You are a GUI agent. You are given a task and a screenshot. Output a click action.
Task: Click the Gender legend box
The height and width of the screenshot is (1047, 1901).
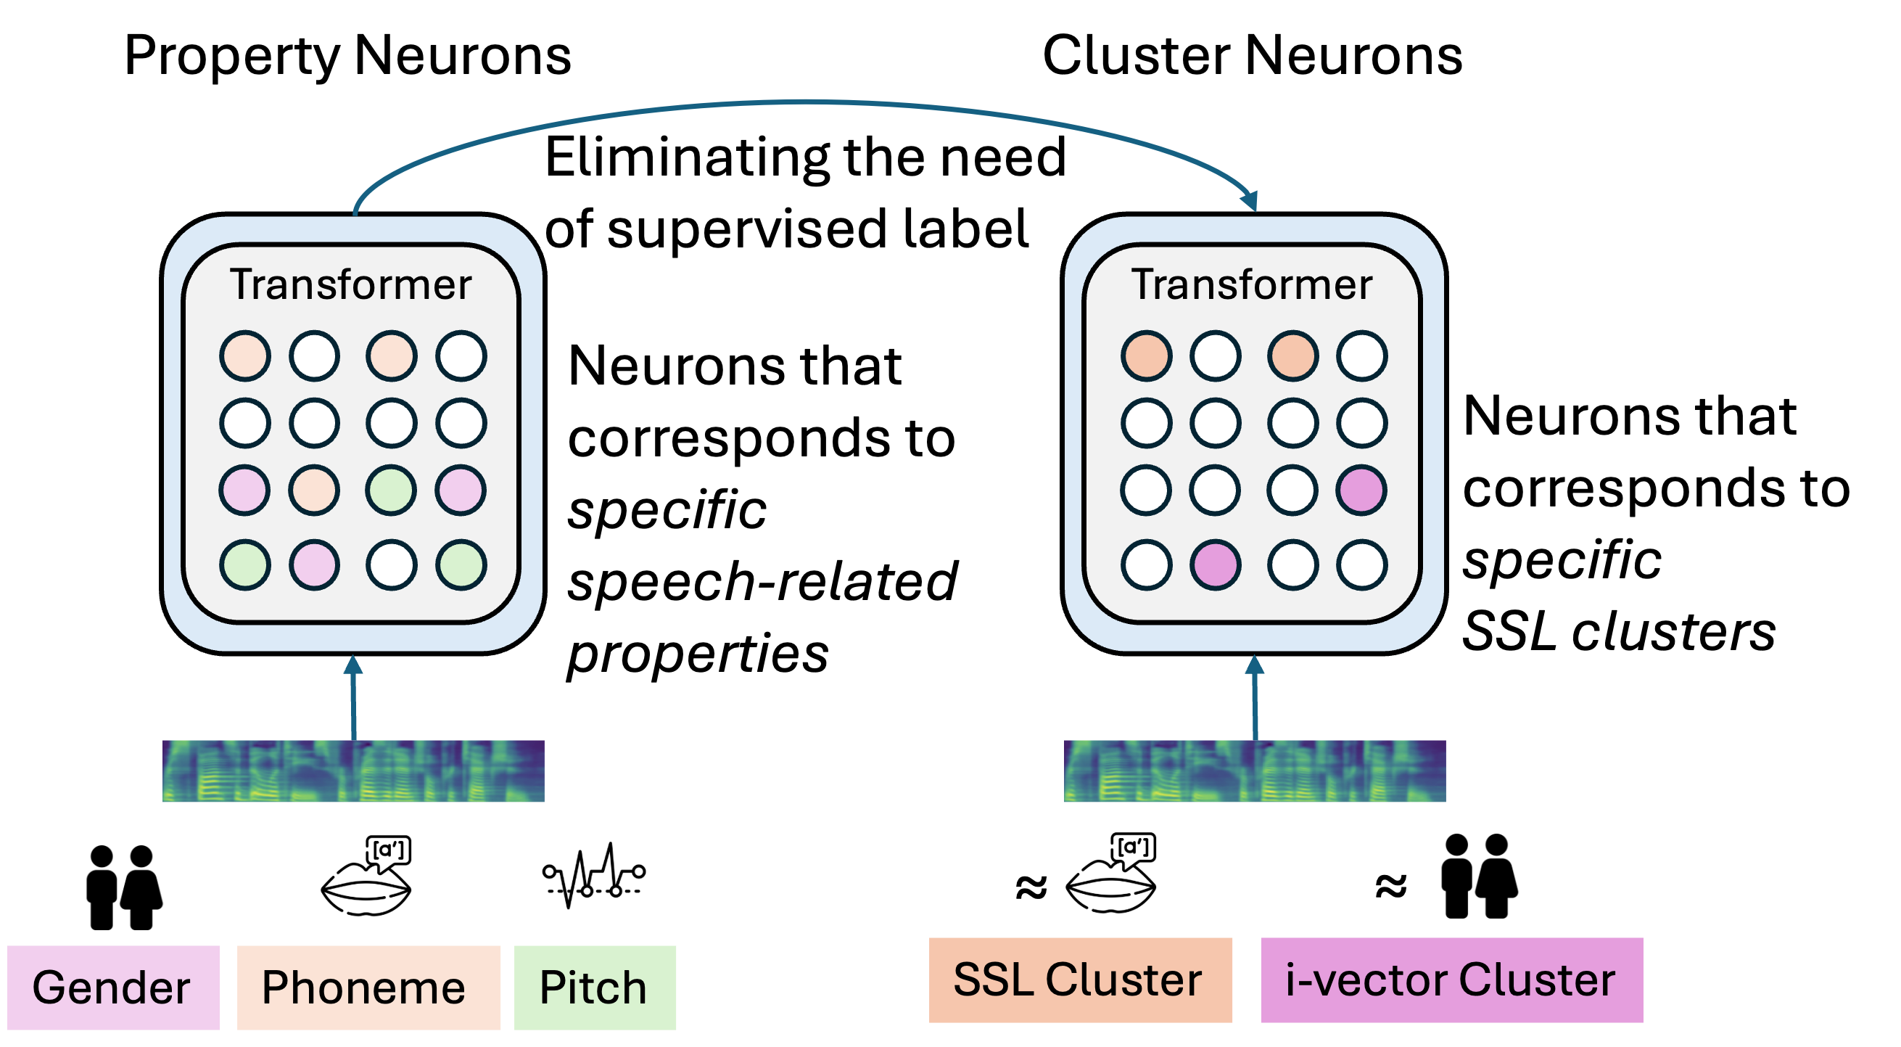pos(113,988)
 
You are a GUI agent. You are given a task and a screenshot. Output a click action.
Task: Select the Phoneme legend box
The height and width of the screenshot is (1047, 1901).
pos(368,988)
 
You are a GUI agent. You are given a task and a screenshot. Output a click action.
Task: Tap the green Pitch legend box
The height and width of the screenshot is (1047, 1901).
pos(595,988)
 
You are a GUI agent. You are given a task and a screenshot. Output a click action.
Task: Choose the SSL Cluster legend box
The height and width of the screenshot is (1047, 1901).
pos(1080,980)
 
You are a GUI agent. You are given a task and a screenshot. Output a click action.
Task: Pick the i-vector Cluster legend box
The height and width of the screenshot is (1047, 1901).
pos(1451,980)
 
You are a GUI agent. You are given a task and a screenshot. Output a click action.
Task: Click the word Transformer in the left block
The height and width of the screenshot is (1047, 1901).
pos(350,285)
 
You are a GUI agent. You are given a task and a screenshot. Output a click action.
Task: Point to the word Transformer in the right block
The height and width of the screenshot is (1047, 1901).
pos(1252,285)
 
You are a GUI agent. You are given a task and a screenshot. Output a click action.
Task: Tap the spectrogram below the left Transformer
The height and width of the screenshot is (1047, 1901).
pos(352,771)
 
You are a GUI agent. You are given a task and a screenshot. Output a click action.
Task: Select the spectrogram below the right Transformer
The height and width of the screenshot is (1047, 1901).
pos(1255,771)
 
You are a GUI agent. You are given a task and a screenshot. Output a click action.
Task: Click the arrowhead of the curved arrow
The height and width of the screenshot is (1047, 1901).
pos(1250,200)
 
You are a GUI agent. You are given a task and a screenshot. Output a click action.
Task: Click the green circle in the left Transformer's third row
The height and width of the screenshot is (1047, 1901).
pos(391,490)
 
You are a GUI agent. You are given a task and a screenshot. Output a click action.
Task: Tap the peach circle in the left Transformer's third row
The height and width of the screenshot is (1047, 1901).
pos(314,490)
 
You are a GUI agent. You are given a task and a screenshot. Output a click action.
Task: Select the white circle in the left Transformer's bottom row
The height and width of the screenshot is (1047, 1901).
pos(391,564)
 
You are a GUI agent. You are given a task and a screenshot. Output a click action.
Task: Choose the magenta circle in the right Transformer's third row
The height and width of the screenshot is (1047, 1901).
pos(1361,490)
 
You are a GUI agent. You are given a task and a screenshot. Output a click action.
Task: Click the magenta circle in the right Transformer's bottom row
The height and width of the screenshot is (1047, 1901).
pos(1216,564)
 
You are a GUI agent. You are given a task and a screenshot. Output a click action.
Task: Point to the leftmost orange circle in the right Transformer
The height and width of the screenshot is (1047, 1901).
pos(1146,356)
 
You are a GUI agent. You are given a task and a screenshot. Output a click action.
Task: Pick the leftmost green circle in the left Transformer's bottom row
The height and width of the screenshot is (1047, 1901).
pos(245,564)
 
